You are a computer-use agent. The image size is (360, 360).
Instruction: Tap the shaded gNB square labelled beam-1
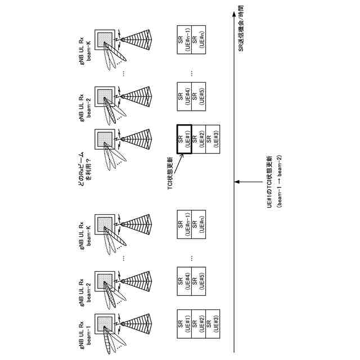pyautogui.click(x=105, y=324)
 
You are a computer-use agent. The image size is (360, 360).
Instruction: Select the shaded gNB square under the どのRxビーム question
pyautogui.click(x=105, y=138)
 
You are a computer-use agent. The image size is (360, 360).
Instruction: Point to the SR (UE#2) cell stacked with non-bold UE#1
pyautogui.click(x=198, y=324)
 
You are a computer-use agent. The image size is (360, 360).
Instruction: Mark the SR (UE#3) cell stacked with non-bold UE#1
pyautogui.click(x=212, y=324)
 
